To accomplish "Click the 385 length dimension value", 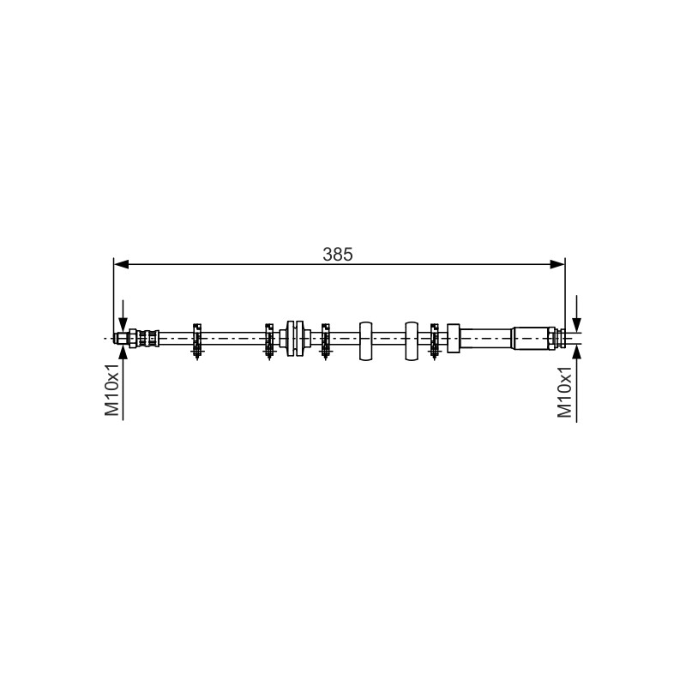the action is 337,254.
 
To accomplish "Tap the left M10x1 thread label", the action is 112,389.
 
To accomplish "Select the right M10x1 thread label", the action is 564,392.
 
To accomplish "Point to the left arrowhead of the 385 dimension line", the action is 121,264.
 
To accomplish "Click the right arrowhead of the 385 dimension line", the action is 557,264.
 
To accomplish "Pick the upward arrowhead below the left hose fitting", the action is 123,352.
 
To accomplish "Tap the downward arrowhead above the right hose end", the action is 576,325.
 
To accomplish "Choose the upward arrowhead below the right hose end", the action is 576,352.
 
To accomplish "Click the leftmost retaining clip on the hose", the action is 197,340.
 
